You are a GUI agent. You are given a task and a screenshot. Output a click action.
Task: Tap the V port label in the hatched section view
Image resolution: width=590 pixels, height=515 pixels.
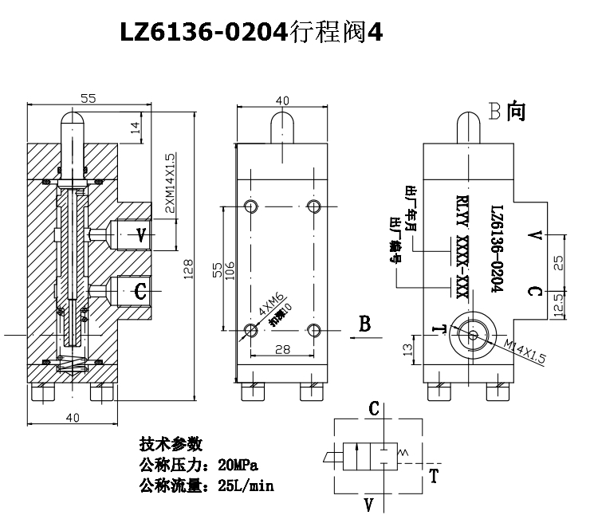[x=141, y=235]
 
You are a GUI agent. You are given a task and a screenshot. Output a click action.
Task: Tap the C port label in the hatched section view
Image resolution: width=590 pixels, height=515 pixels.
[x=140, y=292]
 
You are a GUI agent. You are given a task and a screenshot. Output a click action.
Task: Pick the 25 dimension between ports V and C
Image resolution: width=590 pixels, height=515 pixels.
[x=559, y=262]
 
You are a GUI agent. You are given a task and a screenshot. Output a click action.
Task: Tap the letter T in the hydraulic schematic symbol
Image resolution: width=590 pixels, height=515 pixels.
[x=434, y=478]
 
